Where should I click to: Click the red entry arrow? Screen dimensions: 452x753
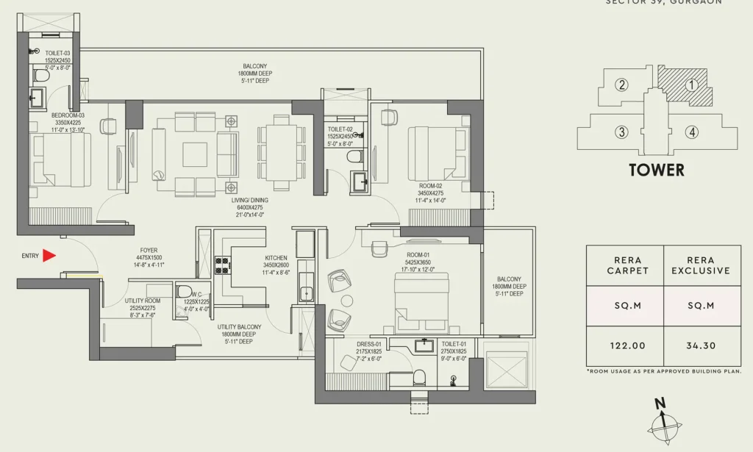[49, 255]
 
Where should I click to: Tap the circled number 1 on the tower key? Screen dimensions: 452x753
[690, 85]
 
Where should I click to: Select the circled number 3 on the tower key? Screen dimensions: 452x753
[622, 132]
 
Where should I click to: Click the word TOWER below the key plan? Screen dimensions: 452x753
[657, 171]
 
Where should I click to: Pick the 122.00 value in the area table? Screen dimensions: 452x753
[624, 345]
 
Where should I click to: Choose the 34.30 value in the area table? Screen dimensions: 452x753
[702, 345]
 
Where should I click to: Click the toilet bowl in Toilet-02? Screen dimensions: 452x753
[354, 157]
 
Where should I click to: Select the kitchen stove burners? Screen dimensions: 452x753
[222, 265]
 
